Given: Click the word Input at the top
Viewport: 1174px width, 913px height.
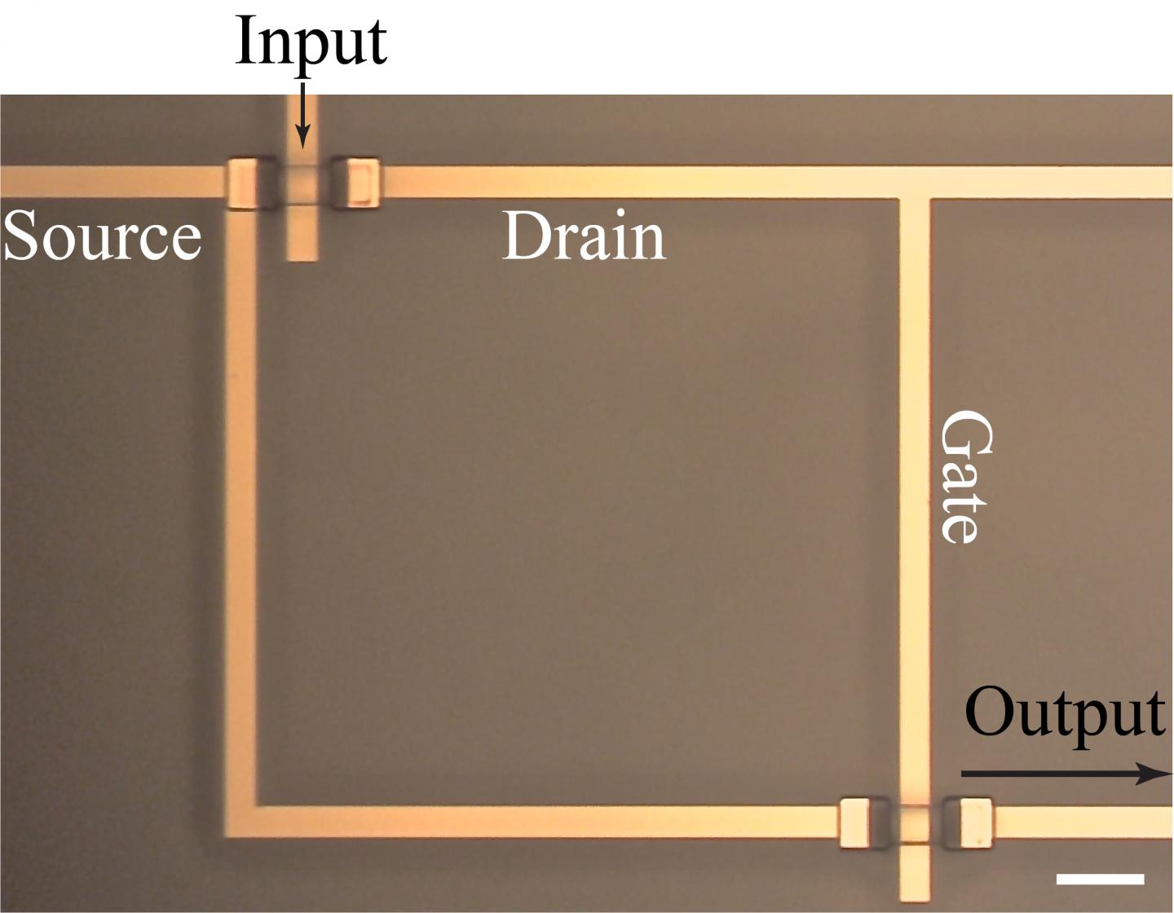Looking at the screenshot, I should pos(311,42).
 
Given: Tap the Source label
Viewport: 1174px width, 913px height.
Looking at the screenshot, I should pos(102,236).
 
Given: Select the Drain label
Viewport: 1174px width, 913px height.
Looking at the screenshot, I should pos(584,236).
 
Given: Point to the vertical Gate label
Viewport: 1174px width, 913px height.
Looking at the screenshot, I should pos(967,477).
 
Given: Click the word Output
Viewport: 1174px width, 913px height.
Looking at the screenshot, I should pos(1064,713).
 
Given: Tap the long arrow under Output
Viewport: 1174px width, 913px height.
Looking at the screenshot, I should pos(1066,774).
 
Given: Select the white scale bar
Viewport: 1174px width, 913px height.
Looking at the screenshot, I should pos(1101,879).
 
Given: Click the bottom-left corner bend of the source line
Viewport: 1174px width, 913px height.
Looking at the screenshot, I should pos(241,821).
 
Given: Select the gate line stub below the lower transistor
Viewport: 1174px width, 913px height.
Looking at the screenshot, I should pos(915,876).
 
